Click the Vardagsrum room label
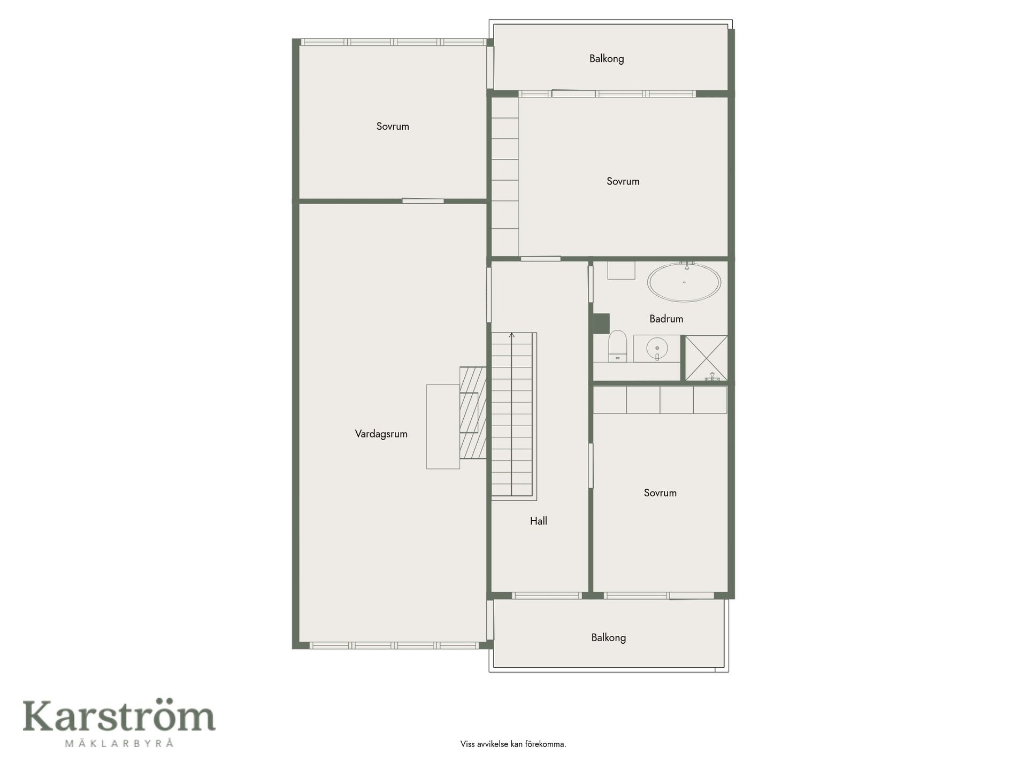(381, 434)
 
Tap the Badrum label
(666, 319)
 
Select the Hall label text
(538, 521)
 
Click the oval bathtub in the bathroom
(684, 282)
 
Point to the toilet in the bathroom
(617, 346)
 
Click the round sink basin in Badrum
(657, 349)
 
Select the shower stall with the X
(706, 358)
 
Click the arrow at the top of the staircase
(512, 336)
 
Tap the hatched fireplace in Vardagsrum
(473, 412)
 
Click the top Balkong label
(607, 59)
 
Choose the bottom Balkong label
(608, 637)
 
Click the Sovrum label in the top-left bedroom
(393, 127)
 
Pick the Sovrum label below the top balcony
(623, 181)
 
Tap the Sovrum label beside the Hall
(660, 493)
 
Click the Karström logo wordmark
(119, 716)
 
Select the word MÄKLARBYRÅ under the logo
(119, 743)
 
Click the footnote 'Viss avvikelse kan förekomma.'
(513, 744)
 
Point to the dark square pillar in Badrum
(601, 322)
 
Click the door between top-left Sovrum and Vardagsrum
(423, 201)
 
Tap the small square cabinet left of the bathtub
(621, 270)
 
